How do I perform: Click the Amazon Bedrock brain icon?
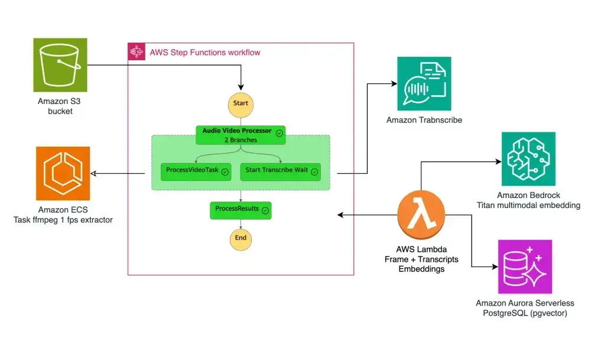[x=528, y=159]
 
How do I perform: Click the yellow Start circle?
[x=241, y=103]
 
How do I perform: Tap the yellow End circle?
[x=241, y=238]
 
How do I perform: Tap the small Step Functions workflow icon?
[x=137, y=52]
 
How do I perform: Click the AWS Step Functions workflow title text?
[x=204, y=53]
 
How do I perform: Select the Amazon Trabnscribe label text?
[x=424, y=120]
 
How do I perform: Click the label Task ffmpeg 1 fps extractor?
[x=63, y=220]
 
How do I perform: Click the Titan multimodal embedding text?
[x=528, y=205]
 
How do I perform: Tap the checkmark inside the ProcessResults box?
[x=265, y=210]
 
